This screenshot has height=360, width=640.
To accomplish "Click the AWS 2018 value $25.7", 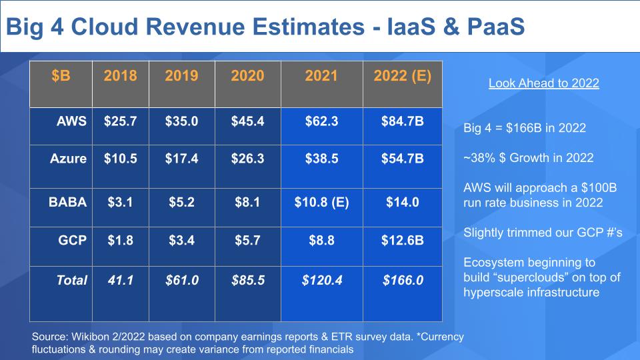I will click(x=121, y=122).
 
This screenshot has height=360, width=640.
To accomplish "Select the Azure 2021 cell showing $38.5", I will click(x=321, y=159).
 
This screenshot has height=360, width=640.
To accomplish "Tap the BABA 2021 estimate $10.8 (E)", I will click(x=321, y=202).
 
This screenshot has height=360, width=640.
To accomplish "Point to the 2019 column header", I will click(x=181, y=76).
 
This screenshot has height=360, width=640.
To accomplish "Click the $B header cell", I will click(x=61, y=76).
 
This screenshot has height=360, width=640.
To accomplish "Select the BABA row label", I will click(x=68, y=202).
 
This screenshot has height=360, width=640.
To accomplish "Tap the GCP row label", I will click(x=73, y=240).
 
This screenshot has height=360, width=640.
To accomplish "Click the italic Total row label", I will click(x=71, y=281).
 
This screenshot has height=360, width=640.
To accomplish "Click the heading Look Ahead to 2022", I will click(x=543, y=83).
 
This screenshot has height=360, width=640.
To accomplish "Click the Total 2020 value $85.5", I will click(x=247, y=281).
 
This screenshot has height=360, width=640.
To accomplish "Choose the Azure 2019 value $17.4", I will click(x=181, y=159).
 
